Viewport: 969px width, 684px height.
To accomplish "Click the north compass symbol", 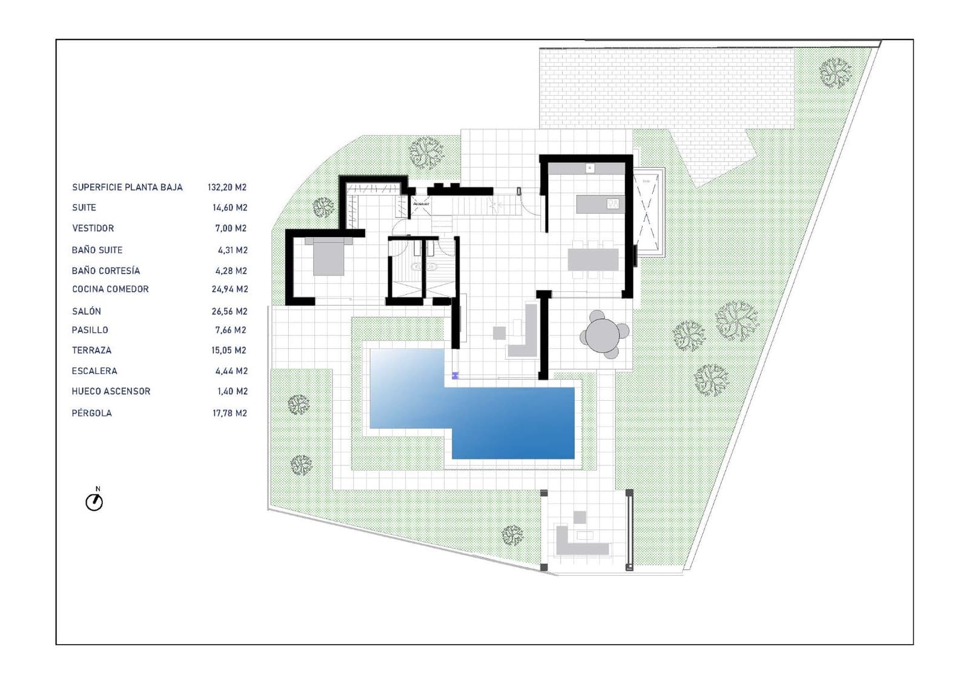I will point(94,501).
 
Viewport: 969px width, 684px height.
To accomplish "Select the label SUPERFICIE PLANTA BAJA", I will point(127,188).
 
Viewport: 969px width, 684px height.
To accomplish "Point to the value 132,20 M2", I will point(227,188).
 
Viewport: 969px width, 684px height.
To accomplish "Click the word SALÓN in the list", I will point(87,311).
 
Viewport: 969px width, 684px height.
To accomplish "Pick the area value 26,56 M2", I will point(230,311).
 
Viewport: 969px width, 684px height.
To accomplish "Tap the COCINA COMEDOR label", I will point(110,289).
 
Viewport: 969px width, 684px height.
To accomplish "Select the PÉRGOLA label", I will point(91,413).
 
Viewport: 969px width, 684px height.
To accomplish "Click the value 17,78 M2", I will point(230,413).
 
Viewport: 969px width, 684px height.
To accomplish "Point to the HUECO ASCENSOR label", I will point(111,392).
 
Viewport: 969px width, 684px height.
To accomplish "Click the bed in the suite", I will point(328,257).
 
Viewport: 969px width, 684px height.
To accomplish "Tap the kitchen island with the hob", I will point(599,204).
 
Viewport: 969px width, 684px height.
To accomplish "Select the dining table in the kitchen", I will point(593,260).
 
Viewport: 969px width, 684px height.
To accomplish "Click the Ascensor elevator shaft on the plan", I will point(421,205).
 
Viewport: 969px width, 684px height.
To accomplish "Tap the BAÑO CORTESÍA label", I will point(106,271).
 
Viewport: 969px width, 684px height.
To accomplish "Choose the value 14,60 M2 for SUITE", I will point(230,208).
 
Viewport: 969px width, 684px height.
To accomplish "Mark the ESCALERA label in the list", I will point(94,371).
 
